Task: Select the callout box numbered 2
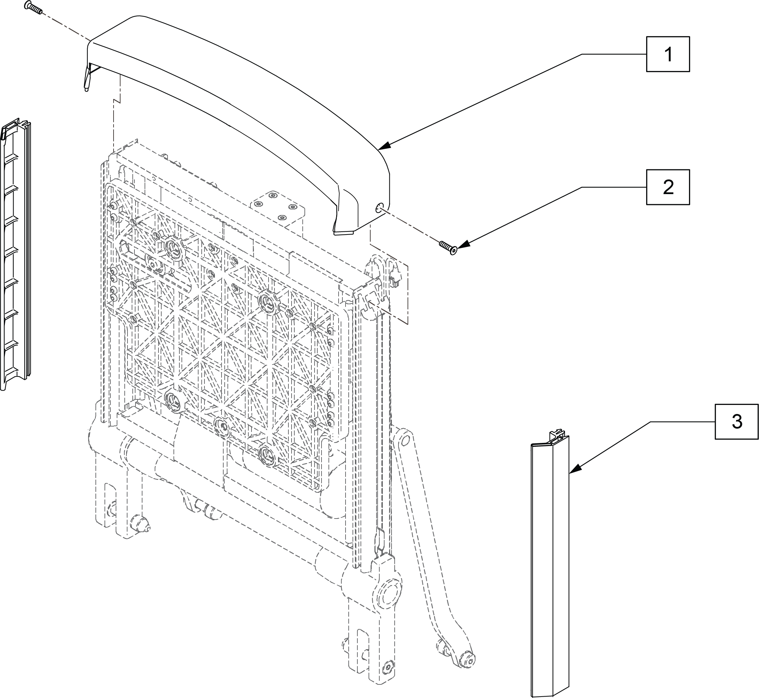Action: [668, 187]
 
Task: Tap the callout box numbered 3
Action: [736, 422]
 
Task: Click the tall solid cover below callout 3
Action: [549, 567]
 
